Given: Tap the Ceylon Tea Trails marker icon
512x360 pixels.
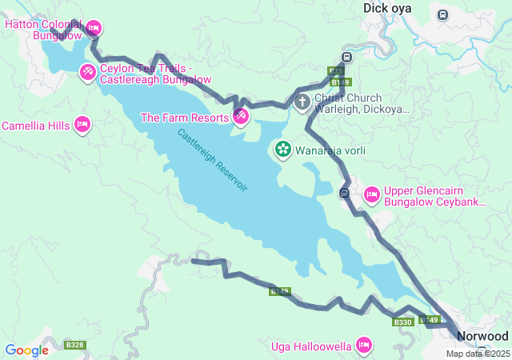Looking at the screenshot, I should [88, 73].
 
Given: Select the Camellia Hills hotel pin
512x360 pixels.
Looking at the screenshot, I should [82, 125].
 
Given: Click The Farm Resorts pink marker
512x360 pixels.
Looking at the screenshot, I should [240, 117].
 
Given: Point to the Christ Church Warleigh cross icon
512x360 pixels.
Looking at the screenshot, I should [302, 102].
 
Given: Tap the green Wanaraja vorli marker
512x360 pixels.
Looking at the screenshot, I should [282, 149].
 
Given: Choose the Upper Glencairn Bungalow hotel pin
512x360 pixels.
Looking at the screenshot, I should [371, 194].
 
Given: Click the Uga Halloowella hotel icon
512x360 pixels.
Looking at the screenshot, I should [364, 346].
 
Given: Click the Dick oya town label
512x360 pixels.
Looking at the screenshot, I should [387, 8].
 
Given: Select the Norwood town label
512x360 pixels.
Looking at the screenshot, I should [482, 336].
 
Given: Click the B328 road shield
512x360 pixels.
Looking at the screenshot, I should [75, 345].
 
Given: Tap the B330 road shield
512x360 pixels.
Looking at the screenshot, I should [402, 322].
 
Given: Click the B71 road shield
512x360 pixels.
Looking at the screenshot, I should [336, 71].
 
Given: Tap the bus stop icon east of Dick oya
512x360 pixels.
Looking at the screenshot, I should [442, 14].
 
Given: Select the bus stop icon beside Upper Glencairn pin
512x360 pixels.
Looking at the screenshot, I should [344, 193].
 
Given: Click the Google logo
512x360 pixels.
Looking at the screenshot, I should [26, 350].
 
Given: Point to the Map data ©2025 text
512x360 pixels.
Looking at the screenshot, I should [477, 354].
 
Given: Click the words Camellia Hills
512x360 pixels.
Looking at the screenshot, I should [36, 126].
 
